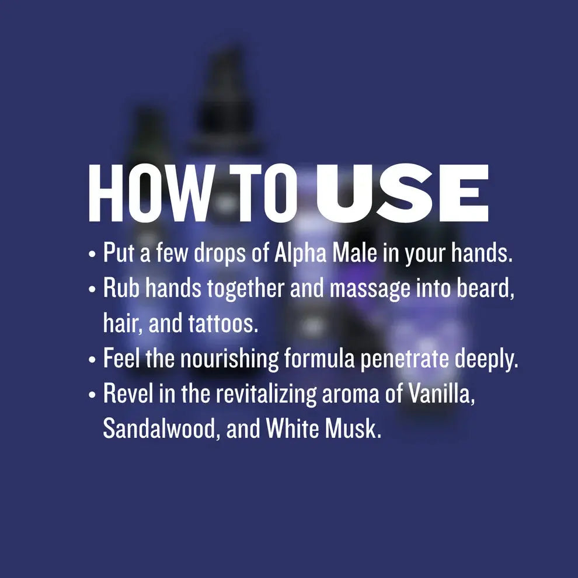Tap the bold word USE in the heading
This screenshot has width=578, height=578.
(402, 193)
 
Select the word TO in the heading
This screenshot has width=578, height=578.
(263, 193)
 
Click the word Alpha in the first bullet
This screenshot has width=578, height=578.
(300, 253)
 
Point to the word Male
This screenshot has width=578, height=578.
(354, 253)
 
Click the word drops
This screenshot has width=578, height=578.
(220, 253)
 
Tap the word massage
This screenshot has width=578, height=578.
(370, 288)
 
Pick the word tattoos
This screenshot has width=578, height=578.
(223, 323)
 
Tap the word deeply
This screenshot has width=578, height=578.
(486, 358)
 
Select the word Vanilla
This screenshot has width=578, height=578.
(441, 394)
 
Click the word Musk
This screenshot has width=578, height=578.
(353, 429)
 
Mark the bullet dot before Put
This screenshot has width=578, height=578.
(92, 254)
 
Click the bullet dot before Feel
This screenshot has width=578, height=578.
(92, 360)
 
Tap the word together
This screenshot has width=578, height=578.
(245, 288)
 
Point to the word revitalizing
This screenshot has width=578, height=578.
(266, 394)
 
